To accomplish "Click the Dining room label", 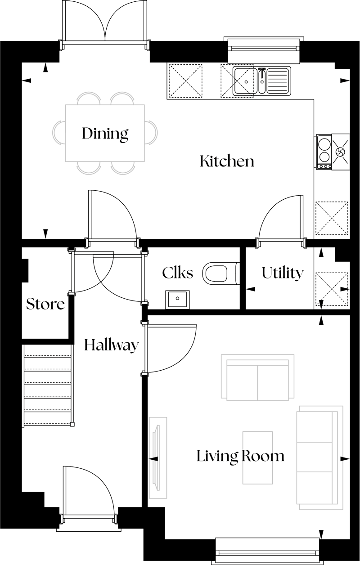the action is click(105, 134).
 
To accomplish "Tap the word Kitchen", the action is click(227, 161).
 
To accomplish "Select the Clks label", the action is click(177, 273).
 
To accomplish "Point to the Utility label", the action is click(282, 273).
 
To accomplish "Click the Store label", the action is click(45, 304).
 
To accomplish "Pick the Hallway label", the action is click(112, 346).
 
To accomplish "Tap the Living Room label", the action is click(240, 457).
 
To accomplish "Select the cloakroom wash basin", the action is click(178, 300).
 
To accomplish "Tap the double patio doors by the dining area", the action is click(104, 25).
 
